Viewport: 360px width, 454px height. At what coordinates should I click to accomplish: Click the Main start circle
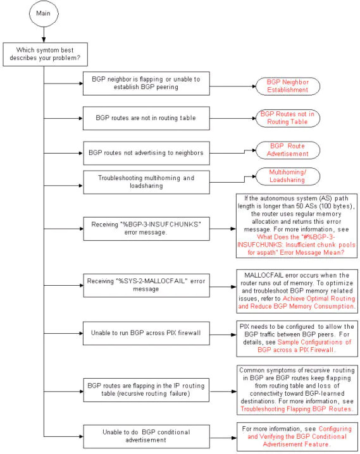[44, 13]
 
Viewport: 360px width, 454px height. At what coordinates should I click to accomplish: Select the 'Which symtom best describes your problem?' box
[45, 54]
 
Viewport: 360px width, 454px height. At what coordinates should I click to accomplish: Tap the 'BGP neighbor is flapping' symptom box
[146, 83]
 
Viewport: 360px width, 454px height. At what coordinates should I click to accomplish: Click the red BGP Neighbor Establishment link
[288, 86]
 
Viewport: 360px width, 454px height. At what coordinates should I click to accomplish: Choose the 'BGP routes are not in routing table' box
[146, 118]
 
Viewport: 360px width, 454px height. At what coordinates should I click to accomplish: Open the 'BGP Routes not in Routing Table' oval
[288, 118]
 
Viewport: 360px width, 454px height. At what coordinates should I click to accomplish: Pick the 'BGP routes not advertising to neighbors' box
[147, 153]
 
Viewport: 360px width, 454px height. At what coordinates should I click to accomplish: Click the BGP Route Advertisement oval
[288, 150]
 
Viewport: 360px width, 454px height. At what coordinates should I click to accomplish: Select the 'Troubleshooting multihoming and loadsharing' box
[147, 182]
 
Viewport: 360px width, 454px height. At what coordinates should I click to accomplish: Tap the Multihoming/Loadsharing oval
[288, 176]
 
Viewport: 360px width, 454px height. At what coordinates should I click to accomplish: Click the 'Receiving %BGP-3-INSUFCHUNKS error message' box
[147, 229]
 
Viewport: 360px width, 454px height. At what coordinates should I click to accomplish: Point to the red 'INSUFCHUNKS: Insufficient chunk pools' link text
[296, 245]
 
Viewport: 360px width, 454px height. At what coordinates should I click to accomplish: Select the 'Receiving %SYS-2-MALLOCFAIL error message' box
[147, 285]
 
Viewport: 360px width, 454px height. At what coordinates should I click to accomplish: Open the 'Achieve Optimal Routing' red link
[319, 298]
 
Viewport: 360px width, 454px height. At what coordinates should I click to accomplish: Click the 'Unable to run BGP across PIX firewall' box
[146, 333]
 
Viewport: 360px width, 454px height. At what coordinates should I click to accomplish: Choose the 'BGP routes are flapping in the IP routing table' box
[146, 390]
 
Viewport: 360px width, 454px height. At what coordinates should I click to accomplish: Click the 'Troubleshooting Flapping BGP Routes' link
[296, 409]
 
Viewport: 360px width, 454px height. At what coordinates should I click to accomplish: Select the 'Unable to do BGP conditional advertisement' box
[147, 437]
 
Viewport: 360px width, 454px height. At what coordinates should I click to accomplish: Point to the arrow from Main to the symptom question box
[44, 35]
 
